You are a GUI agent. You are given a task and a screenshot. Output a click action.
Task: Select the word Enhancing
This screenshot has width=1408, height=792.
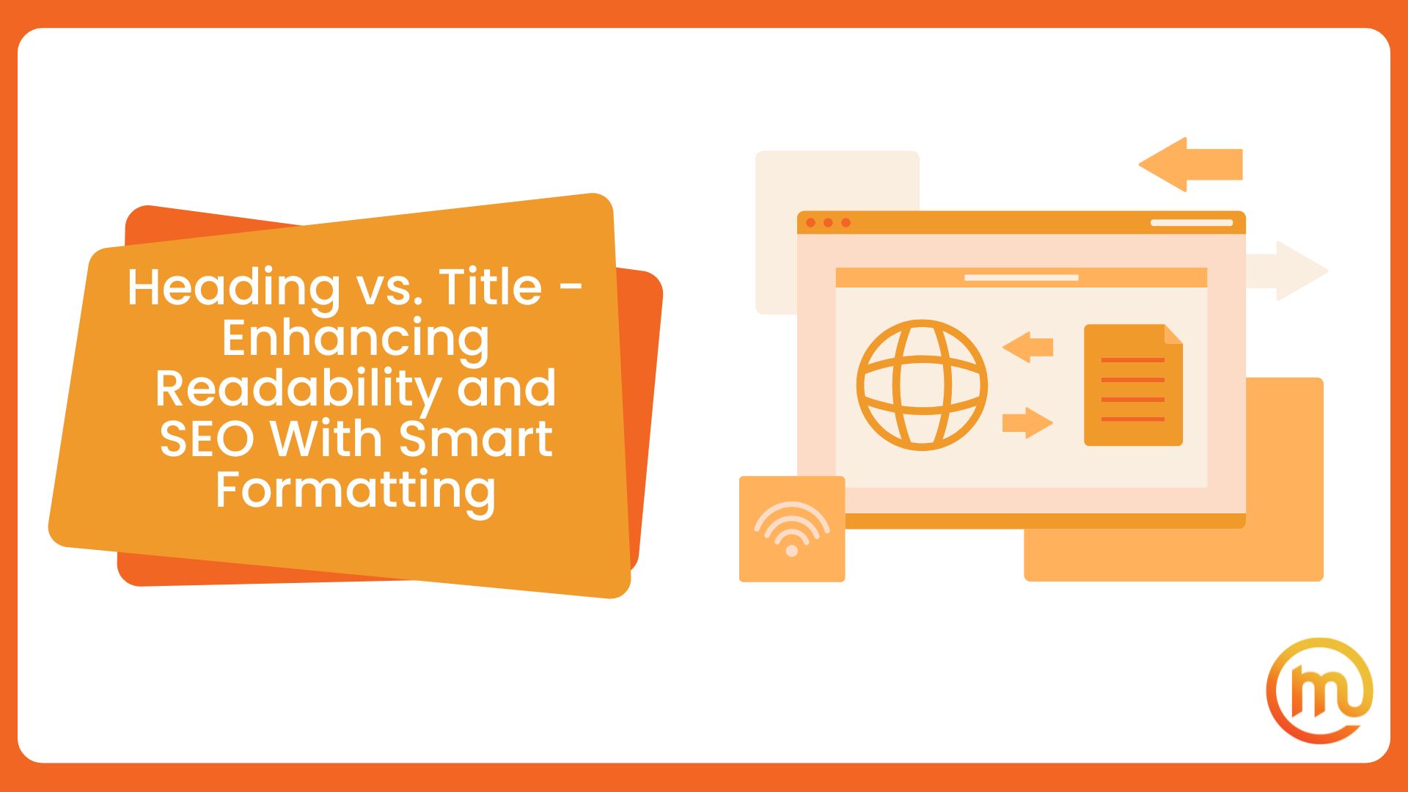pos(356,338)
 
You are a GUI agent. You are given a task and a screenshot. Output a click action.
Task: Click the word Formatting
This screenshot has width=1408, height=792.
pos(356,490)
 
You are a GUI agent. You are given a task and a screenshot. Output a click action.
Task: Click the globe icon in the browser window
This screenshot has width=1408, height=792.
pos(922,385)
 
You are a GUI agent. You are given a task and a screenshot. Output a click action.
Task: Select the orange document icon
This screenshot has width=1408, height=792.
pos(1133,386)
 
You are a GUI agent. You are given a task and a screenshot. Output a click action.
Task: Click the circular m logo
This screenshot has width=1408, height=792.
pos(1319,691)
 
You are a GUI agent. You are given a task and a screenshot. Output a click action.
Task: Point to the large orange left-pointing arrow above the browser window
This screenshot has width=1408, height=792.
pos(1189,164)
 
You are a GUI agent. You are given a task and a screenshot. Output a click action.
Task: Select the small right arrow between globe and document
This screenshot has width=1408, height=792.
pos(1027,422)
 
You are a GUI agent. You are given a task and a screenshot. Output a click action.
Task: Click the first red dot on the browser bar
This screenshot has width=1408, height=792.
pos(810,222)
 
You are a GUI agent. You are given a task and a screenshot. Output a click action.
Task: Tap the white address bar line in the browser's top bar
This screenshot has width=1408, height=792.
pos(1191,222)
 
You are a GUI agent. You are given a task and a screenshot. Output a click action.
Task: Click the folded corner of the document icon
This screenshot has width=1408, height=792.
pos(1173,334)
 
